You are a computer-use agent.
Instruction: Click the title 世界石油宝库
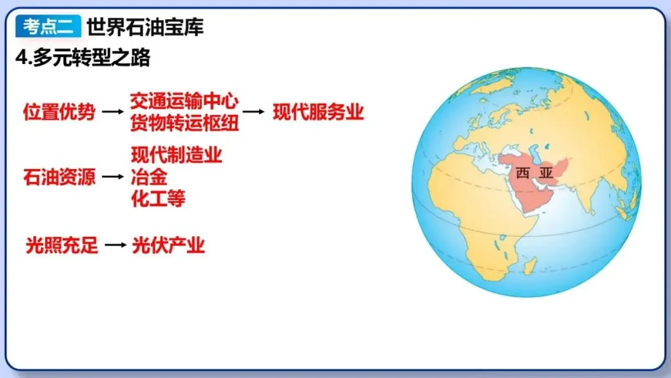[x=145, y=27]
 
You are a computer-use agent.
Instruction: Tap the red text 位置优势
[x=60, y=113]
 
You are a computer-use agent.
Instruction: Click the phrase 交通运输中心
[x=185, y=101]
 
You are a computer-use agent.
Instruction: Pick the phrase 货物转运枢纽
[x=185, y=123]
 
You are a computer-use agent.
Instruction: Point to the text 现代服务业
[x=318, y=113]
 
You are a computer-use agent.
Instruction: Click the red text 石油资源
[x=60, y=177]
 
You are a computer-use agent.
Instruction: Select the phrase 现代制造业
[x=176, y=155]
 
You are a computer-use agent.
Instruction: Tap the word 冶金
[x=149, y=177]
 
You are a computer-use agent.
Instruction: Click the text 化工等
[x=158, y=199]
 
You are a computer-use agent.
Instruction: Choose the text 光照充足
[x=62, y=246]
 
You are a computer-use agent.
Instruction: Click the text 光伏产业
[x=168, y=246]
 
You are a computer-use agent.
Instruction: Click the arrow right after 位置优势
[x=112, y=113]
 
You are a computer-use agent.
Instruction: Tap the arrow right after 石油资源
[x=112, y=177]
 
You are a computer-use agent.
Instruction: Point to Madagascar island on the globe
[x=529, y=266]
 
